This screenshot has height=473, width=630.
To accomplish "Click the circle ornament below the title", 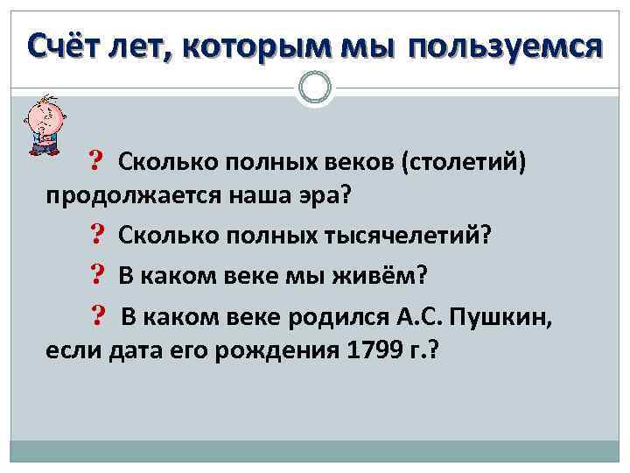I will pos(315,88).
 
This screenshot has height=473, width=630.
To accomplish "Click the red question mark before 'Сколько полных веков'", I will pos(96,161).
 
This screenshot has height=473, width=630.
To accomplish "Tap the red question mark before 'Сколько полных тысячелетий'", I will pos(96,235).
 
